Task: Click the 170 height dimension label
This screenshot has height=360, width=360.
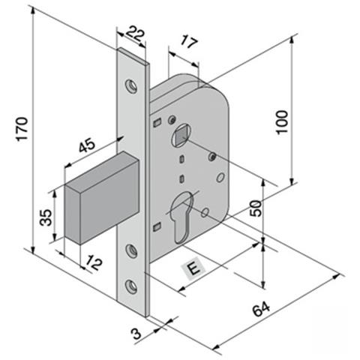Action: [x=22, y=129]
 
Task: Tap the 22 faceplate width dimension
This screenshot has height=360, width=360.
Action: [x=135, y=34]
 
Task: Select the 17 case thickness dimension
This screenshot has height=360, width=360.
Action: [x=189, y=41]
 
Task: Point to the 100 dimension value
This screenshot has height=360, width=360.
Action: [x=283, y=122]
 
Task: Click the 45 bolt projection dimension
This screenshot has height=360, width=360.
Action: [x=87, y=145]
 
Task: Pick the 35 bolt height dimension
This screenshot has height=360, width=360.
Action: [x=46, y=217]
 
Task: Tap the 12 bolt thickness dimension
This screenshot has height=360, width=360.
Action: [x=94, y=263]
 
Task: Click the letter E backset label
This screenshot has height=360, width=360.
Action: [x=194, y=268]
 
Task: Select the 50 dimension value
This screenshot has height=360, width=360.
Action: [x=256, y=208]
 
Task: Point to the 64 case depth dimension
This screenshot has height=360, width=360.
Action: [x=261, y=309]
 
